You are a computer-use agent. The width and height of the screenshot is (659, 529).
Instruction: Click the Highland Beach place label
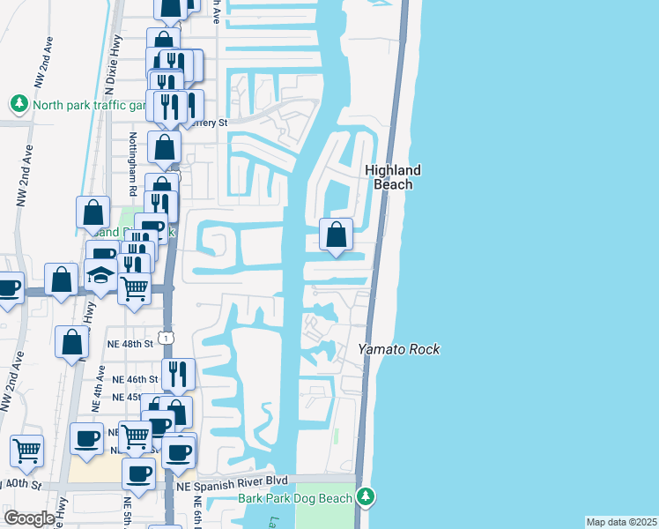(393, 177)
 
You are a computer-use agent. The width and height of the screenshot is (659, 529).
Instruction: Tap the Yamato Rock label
(398, 350)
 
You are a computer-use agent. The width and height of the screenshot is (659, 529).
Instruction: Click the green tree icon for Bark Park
(365, 497)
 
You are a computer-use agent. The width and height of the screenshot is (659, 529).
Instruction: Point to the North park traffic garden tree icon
(19, 104)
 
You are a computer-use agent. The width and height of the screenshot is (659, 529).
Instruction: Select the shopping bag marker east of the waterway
(336, 235)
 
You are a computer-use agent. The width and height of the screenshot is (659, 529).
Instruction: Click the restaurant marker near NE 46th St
(178, 375)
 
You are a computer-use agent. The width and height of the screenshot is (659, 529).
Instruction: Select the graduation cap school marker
(102, 274)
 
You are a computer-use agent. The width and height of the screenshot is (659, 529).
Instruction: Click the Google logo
(28, 518)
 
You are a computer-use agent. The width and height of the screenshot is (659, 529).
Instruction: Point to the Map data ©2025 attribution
(620, 522)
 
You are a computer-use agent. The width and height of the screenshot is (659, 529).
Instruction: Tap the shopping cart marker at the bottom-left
(27, 451)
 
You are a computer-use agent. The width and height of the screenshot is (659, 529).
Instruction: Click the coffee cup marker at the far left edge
(7, 287)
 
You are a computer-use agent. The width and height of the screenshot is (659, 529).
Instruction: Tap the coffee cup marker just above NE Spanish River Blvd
(138, 474)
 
